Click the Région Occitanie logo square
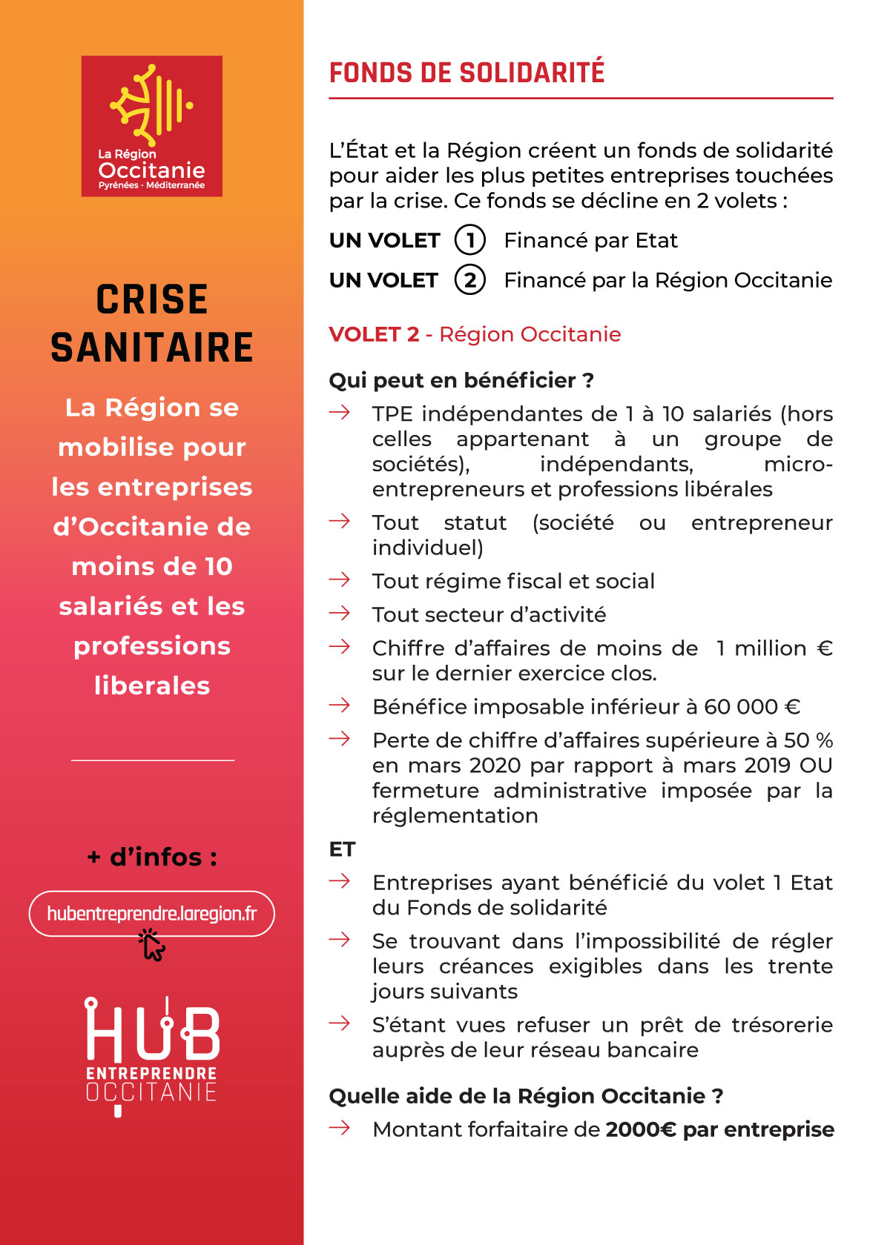tap(152, 126)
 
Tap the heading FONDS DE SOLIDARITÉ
tap(467, 73)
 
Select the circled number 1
tap(469, 240)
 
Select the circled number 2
tap(469, 280)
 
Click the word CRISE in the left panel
tap(152, 300)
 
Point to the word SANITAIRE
tap(152, 348)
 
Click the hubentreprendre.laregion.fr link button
tap(152, 914)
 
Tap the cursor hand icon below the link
tap(152, 945)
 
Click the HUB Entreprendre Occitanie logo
tap(152, 1052)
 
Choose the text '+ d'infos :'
tap(152, 857)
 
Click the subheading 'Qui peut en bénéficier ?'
tap(461, 380)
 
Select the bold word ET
tap(342, 849)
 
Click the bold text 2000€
tap(640, 1129)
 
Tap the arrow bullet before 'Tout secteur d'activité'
tap(340, 614)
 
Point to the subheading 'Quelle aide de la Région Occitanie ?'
tap(526, 1096)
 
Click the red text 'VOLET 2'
tap(374, 334)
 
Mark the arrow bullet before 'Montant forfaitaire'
tap(340, 1128)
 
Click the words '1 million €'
tap(774, 648)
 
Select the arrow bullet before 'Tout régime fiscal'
tap(340, 580)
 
